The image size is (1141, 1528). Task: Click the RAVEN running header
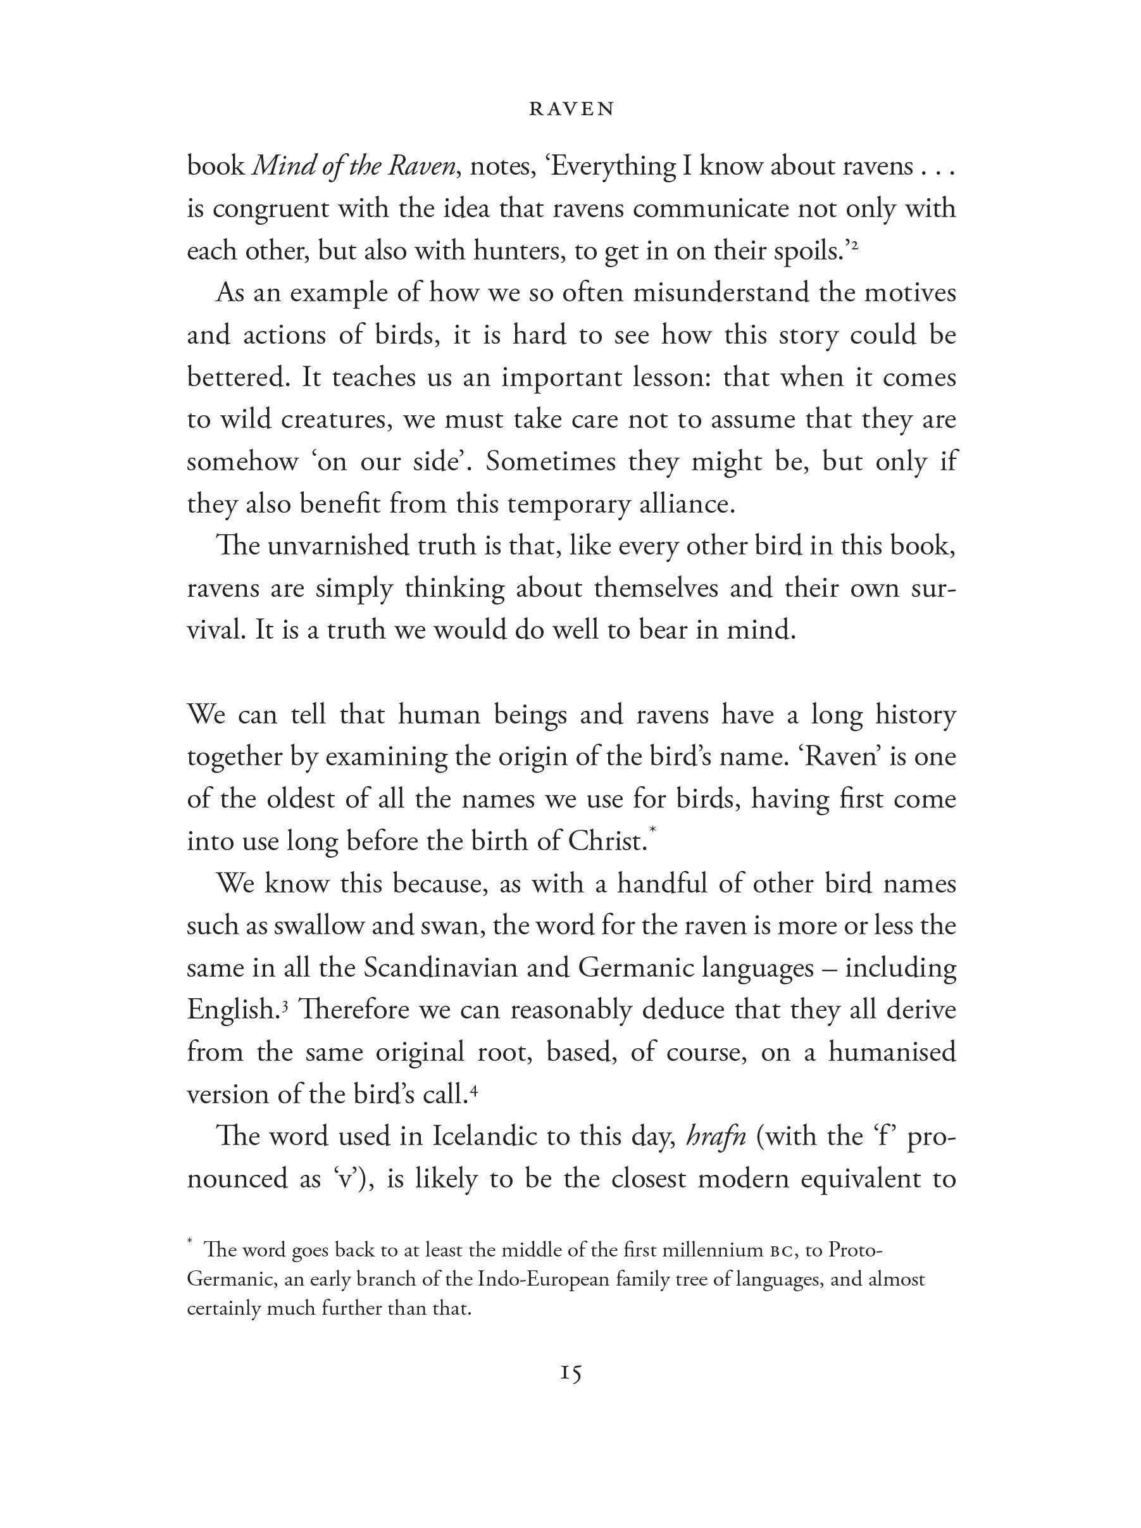click(x=571, y=109)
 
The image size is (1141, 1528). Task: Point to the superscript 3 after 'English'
click(x=284, y=1005)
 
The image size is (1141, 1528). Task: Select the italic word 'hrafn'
click(x=716, y=1136)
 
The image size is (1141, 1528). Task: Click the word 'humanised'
click(x=892, y=1052)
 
